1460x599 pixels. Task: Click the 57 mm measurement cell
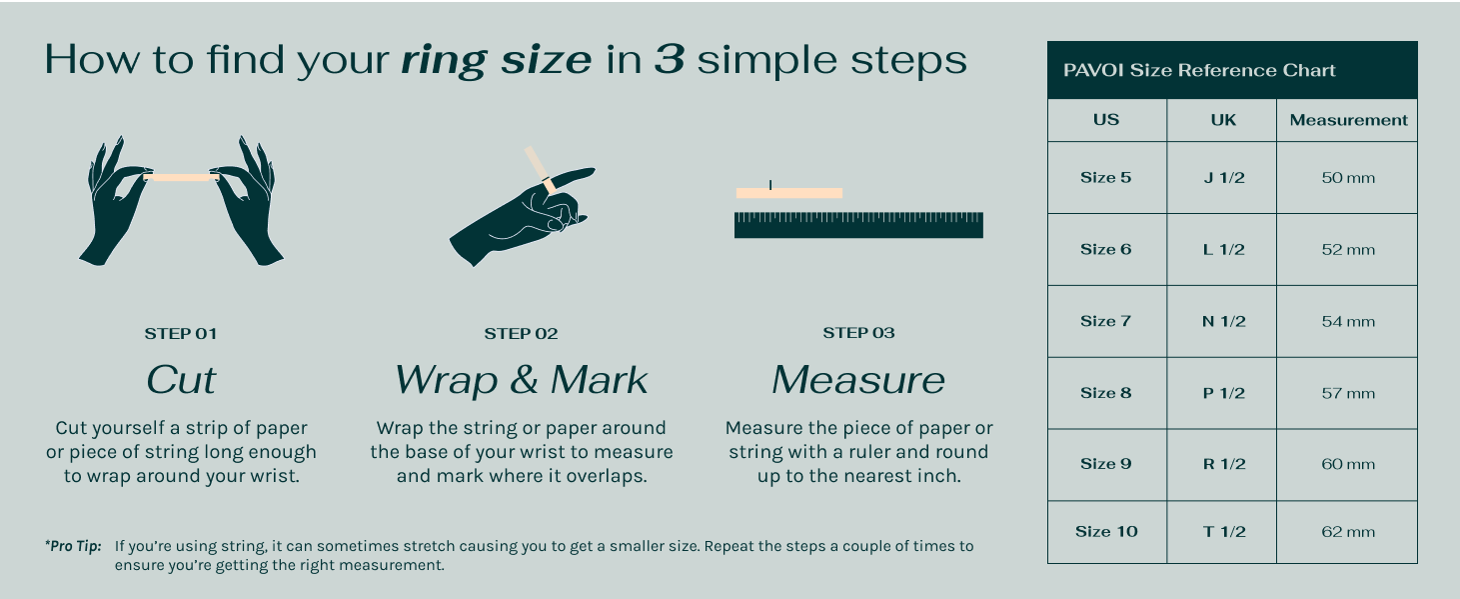tap(1347, 393)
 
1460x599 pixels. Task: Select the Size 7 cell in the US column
tap(1106, 321)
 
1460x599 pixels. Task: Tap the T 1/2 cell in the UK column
tap(1222, 532)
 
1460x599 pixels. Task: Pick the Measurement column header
tap(1347, 120)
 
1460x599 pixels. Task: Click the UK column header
tap(1222, 120)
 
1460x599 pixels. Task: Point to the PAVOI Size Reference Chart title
tap(1199, 70)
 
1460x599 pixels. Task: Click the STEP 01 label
tap(181, 333)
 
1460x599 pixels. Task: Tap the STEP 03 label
tap(858, 333)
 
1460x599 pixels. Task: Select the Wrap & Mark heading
tap(521, 380)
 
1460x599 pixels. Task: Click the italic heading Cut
tap(181, 380)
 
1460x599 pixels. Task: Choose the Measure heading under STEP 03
tap(858, 380)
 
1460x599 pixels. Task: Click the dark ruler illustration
tap(858, 225)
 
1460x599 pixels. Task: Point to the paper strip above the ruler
tap(789, 193)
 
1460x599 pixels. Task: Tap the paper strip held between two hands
tap(181, 177)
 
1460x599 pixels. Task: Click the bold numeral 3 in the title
tap(670, 59)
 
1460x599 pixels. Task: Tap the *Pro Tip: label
tap(73, 546)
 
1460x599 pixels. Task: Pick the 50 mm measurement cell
tap(1347, 177)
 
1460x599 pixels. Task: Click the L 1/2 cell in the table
tap(1222, 249)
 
